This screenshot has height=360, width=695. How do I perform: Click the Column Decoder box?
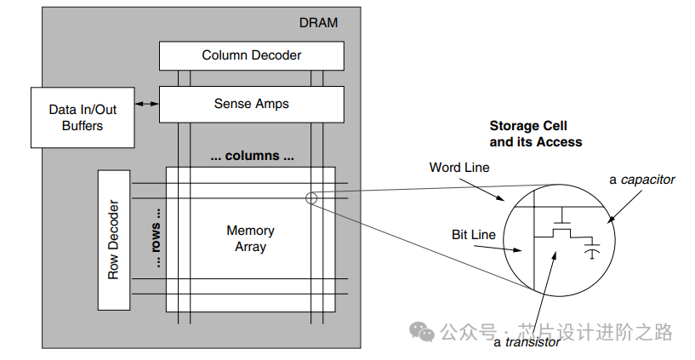(x=252, y=55)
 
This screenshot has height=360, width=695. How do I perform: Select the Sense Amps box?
(x=252, y=104)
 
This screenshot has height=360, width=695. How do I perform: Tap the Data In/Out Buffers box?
(x=82, y=117)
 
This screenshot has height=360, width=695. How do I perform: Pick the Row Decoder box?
(x=113, y=240)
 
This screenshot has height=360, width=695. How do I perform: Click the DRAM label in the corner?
(x=319, y=23)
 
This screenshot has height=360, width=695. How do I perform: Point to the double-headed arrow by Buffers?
(x=147, y=104)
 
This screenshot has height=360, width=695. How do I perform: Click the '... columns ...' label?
(x=252, y=157)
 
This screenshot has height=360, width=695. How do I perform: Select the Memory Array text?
(x=251, y=238)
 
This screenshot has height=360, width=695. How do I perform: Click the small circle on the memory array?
(x=310, y=198)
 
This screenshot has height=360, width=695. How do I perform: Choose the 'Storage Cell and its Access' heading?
(x=535, y=134)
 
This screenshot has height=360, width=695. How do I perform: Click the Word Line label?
(x=459, y=168)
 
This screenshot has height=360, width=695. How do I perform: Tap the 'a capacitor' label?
(x=642, y=180)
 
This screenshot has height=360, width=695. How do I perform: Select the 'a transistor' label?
(x=527, y=342)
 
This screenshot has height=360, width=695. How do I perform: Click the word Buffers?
(x=83, y=126)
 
